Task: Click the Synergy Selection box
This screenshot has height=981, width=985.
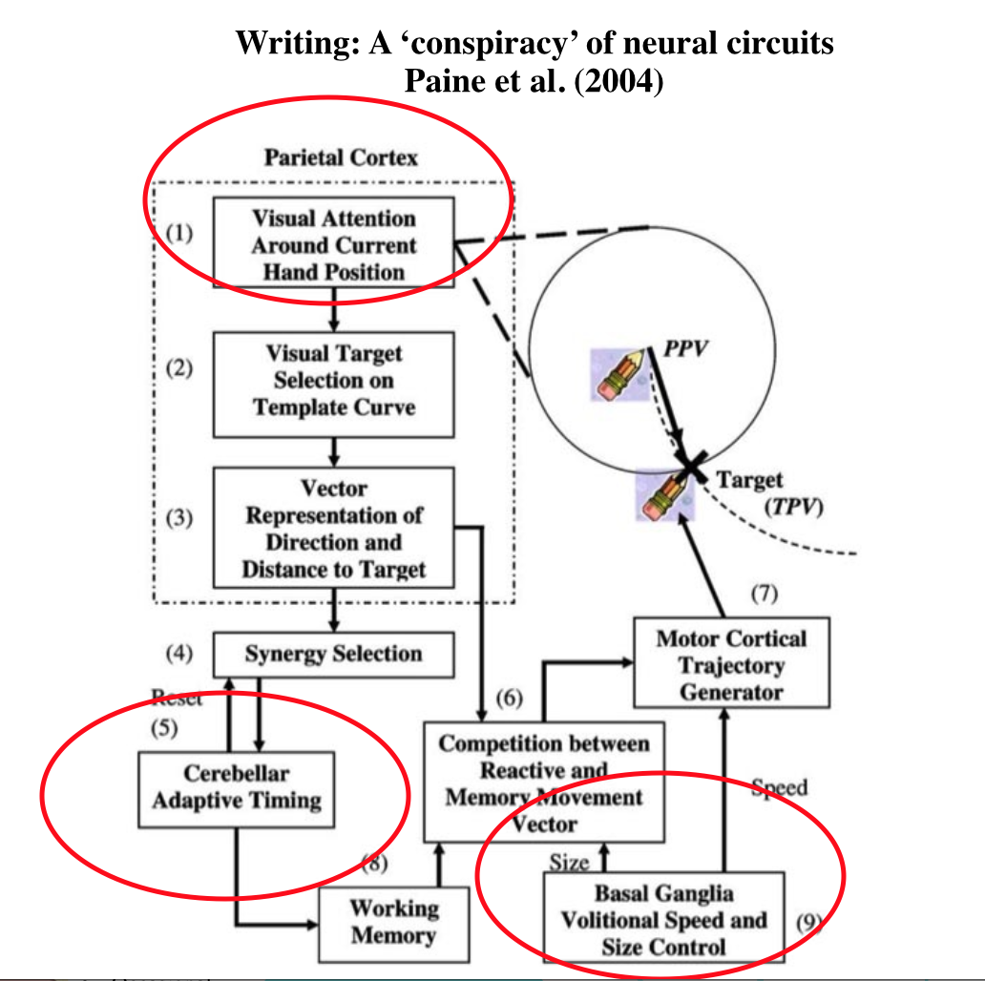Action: point(333,655)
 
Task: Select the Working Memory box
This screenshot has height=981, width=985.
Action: point(394,922)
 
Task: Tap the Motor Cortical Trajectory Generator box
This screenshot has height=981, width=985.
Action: point(731,664)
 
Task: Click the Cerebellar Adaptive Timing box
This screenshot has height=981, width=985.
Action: point(237,787)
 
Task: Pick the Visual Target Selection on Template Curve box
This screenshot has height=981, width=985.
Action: point(333,380)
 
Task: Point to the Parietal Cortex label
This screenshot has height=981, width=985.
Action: point(341,157)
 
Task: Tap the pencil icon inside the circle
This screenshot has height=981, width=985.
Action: point(617,374)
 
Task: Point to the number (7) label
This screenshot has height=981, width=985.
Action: point(765,594)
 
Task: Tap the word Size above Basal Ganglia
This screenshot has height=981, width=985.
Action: point(569,862)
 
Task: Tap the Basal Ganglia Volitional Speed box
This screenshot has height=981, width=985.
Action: point(663,920)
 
